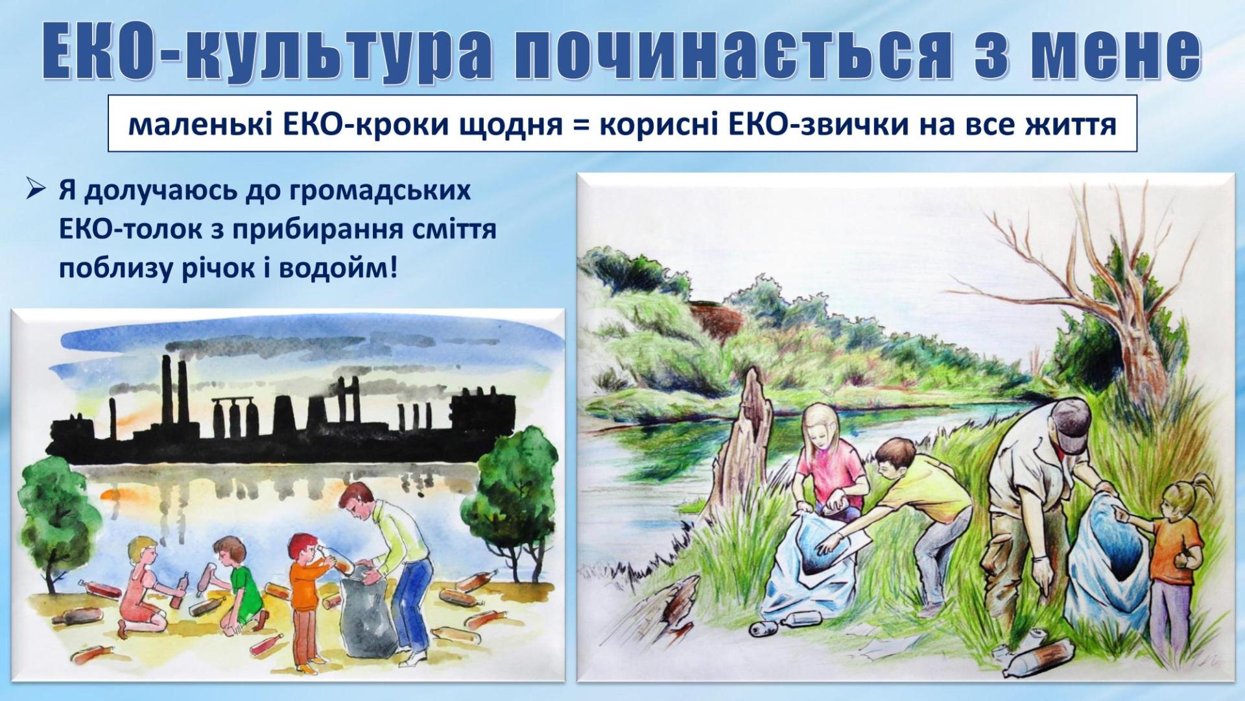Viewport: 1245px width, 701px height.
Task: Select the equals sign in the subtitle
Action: click(579, 124)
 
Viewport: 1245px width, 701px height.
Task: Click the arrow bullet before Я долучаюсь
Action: click(35, 191)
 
